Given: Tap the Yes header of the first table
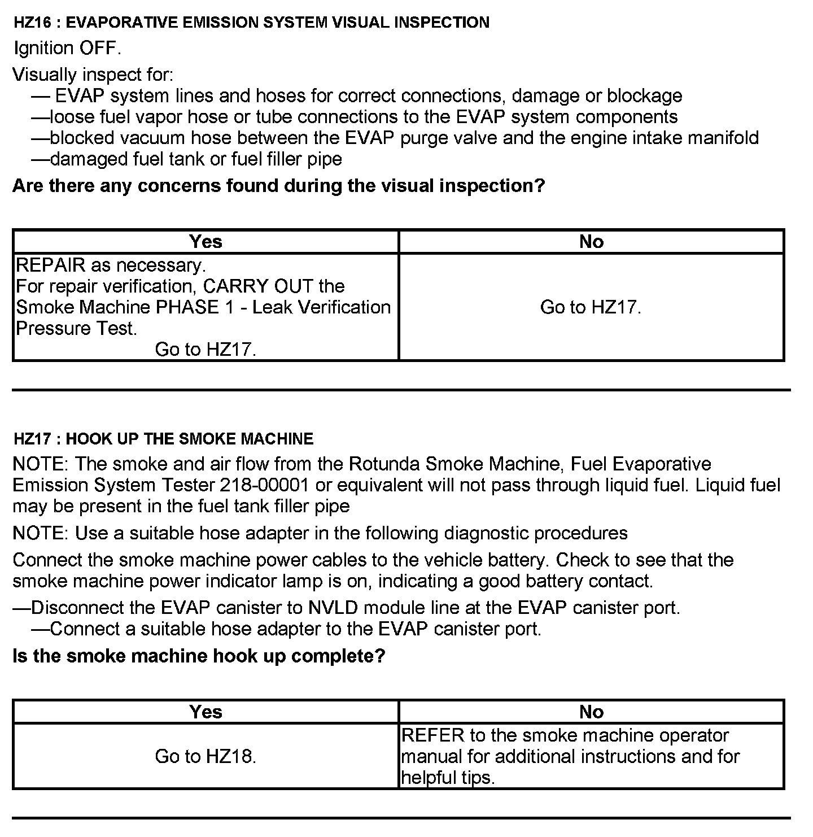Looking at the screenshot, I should pyautogui.click(x=206, y=242).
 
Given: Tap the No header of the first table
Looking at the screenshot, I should pyautogui.click(x=591, y=242).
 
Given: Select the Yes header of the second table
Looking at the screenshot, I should pyautogui.click(x=206, y=712).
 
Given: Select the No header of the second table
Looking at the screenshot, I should pyautogui.click(x=591, y=712).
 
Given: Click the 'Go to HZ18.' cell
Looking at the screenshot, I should pyautogui.click(x=206, y=756).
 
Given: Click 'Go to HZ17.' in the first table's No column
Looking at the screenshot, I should pyautogui.click(x=591, y=307).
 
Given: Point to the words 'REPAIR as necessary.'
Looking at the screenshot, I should pyautogui.click(x=111, y=265).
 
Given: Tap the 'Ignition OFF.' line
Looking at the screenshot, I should pyautogui.click(x=67, y=48).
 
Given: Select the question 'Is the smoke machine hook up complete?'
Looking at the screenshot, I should pyautogui.click(x=199, y=656).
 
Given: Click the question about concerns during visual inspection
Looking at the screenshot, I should pyautogui.click(x=278, y=186).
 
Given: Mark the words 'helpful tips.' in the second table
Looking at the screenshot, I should pyautogui.click(x=448, y=778).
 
